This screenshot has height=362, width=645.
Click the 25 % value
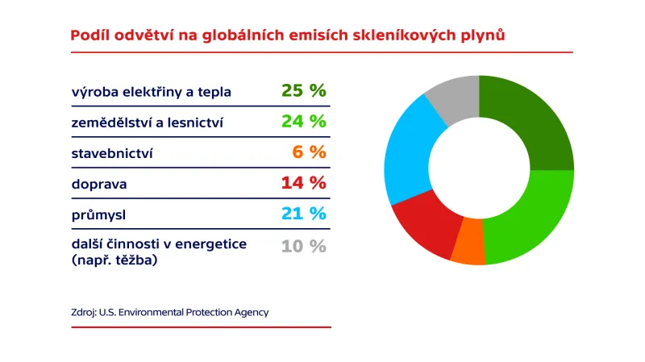click(304, 91)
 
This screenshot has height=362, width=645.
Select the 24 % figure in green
click(304, 122)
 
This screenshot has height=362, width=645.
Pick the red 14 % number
click(304, 183)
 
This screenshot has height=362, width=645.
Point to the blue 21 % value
click(304, 214)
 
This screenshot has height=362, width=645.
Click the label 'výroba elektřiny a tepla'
click(151, 92)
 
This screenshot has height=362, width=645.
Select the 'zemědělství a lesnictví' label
click(147, 123)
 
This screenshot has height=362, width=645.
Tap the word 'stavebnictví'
click(112, 153)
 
